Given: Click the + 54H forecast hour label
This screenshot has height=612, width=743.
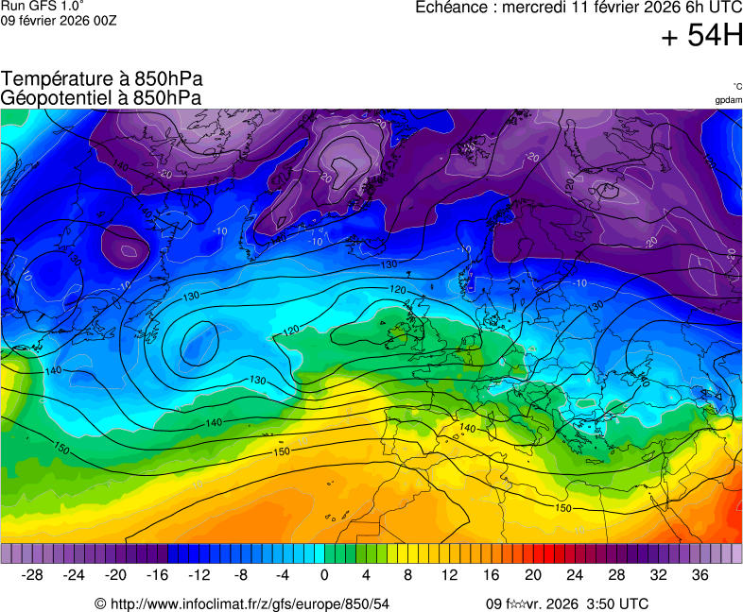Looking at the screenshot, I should (701, 37).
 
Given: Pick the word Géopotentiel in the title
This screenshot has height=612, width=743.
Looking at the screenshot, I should (58, 96).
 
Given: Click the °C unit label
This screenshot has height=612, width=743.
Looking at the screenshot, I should (736, 86).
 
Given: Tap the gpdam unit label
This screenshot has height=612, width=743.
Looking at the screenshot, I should (728, 99).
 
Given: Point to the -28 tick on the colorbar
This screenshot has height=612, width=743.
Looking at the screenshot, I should (33, 574).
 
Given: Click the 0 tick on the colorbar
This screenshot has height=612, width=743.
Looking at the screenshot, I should (325, 574).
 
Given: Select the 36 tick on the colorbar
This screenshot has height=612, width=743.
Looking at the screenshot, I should (700, 574).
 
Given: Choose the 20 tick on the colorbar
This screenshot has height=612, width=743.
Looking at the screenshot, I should (533, 574).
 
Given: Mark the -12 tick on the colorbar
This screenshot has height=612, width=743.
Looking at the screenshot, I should (199, 574).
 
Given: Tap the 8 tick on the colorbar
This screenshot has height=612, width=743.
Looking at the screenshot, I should (408, 574).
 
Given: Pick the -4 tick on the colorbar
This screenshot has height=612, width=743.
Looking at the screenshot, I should (283, 574).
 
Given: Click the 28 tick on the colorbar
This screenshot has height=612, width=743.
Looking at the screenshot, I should (616, 574).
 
